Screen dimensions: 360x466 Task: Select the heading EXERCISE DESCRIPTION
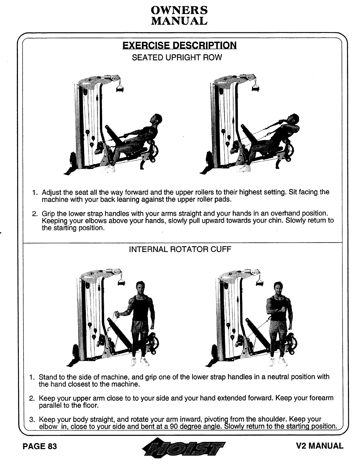click(179, 46)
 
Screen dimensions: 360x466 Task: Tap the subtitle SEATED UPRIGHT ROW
click(177, 57)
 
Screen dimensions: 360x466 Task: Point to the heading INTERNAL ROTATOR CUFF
click(180, 249)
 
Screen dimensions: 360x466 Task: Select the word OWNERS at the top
click(179, 11)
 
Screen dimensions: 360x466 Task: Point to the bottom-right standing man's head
click(277, 287)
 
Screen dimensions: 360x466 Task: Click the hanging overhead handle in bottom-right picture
click(259, 283)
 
